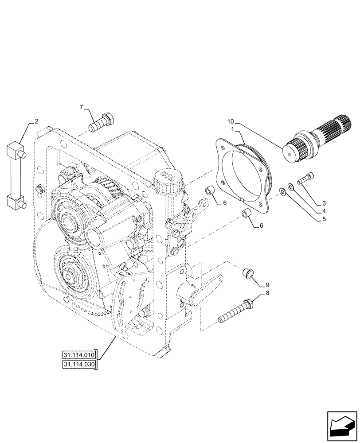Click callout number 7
(81, 107)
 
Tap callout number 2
(36, 121)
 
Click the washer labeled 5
(282, 192)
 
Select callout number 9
(267, 284)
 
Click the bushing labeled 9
(248, 273)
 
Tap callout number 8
(267, 293)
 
